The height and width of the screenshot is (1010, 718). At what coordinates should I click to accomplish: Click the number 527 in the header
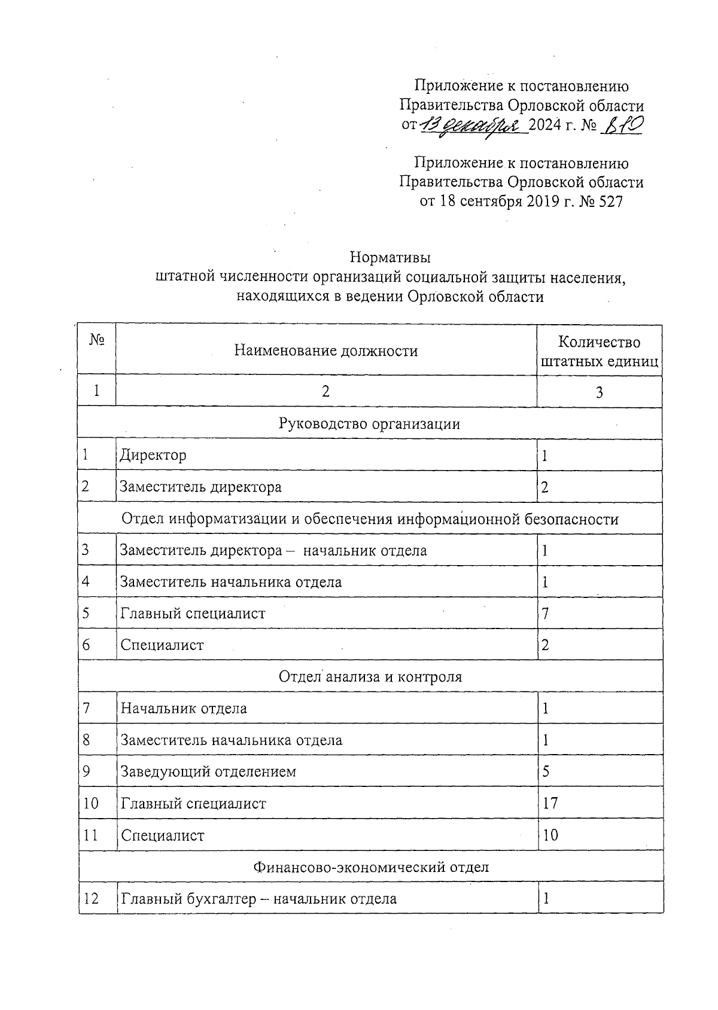(610, 202)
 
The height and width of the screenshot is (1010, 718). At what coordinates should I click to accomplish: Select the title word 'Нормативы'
(390, 258)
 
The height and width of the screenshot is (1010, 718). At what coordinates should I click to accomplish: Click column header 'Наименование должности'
(325, 351)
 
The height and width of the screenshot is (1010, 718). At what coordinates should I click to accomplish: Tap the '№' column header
(97, 340)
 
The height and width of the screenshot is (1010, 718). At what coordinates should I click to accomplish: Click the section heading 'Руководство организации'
(369, 424)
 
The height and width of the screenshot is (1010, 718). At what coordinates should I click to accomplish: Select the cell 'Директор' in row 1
(153, 456)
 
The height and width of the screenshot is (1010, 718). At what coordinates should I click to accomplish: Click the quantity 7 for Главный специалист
(545, 614)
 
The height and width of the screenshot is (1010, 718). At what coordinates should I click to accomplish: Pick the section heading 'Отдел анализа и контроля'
(370, 677)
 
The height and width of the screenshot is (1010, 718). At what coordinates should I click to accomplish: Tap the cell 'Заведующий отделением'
(208, 772)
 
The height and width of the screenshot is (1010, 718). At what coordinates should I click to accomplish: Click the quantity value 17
(550, 804)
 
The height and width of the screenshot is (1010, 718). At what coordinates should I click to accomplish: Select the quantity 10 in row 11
(550, 835)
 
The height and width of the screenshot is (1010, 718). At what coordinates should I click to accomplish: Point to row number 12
(92, 899)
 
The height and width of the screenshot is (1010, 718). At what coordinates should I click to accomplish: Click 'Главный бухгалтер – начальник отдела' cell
(258, 899)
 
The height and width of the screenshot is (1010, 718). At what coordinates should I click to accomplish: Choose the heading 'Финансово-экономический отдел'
(370, 867)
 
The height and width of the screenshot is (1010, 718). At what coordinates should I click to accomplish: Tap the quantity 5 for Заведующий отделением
(546, 772)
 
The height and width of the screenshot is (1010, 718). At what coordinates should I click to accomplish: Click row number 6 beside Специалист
(86, 645)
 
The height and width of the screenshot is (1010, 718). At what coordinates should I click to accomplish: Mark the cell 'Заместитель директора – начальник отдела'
(273, 550)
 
